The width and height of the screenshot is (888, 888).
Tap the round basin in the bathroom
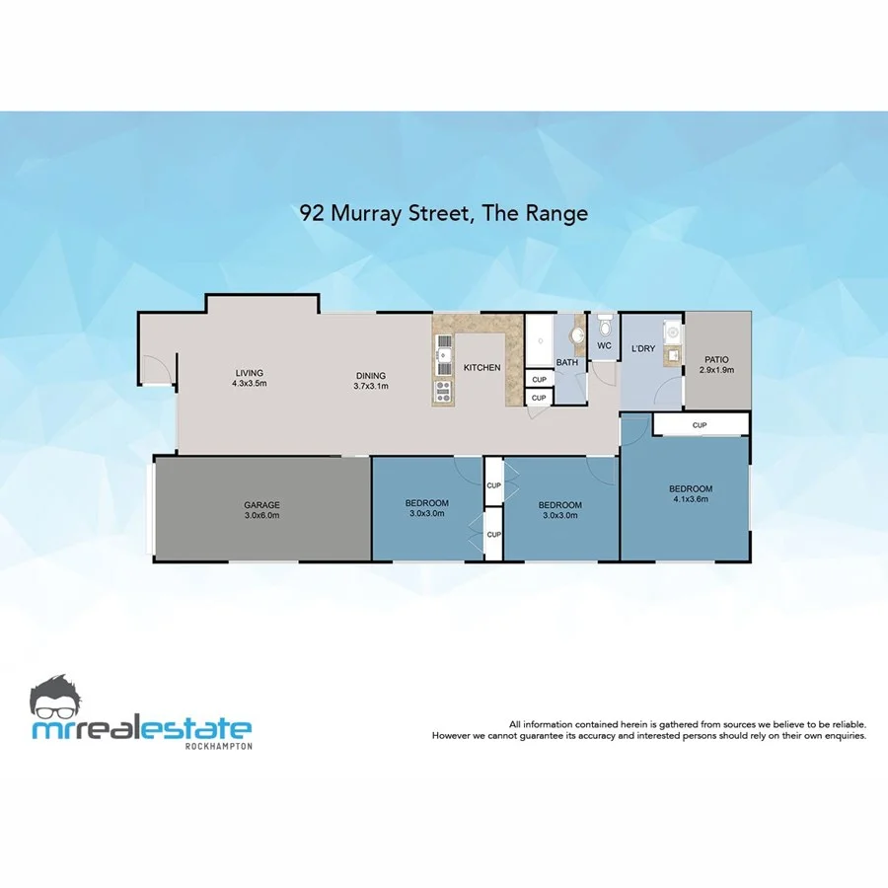578,335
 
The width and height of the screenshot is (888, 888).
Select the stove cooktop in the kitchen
443,389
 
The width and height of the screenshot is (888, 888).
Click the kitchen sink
444,351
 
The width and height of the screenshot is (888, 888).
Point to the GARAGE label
262,505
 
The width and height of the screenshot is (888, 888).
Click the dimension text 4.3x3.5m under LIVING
250,383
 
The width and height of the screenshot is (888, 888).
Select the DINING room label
371,376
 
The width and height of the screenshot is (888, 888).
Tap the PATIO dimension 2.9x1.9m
717,370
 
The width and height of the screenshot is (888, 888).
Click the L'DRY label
643,349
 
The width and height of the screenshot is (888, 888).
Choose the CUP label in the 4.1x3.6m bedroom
700,425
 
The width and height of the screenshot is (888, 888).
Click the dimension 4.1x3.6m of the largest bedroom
691,499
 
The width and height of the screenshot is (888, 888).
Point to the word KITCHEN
482,368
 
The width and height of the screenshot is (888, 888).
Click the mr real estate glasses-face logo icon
62,698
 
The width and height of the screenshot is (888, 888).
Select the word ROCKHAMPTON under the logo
218,746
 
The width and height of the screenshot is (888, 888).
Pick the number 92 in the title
314,212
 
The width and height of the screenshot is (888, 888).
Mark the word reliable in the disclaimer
846,724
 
